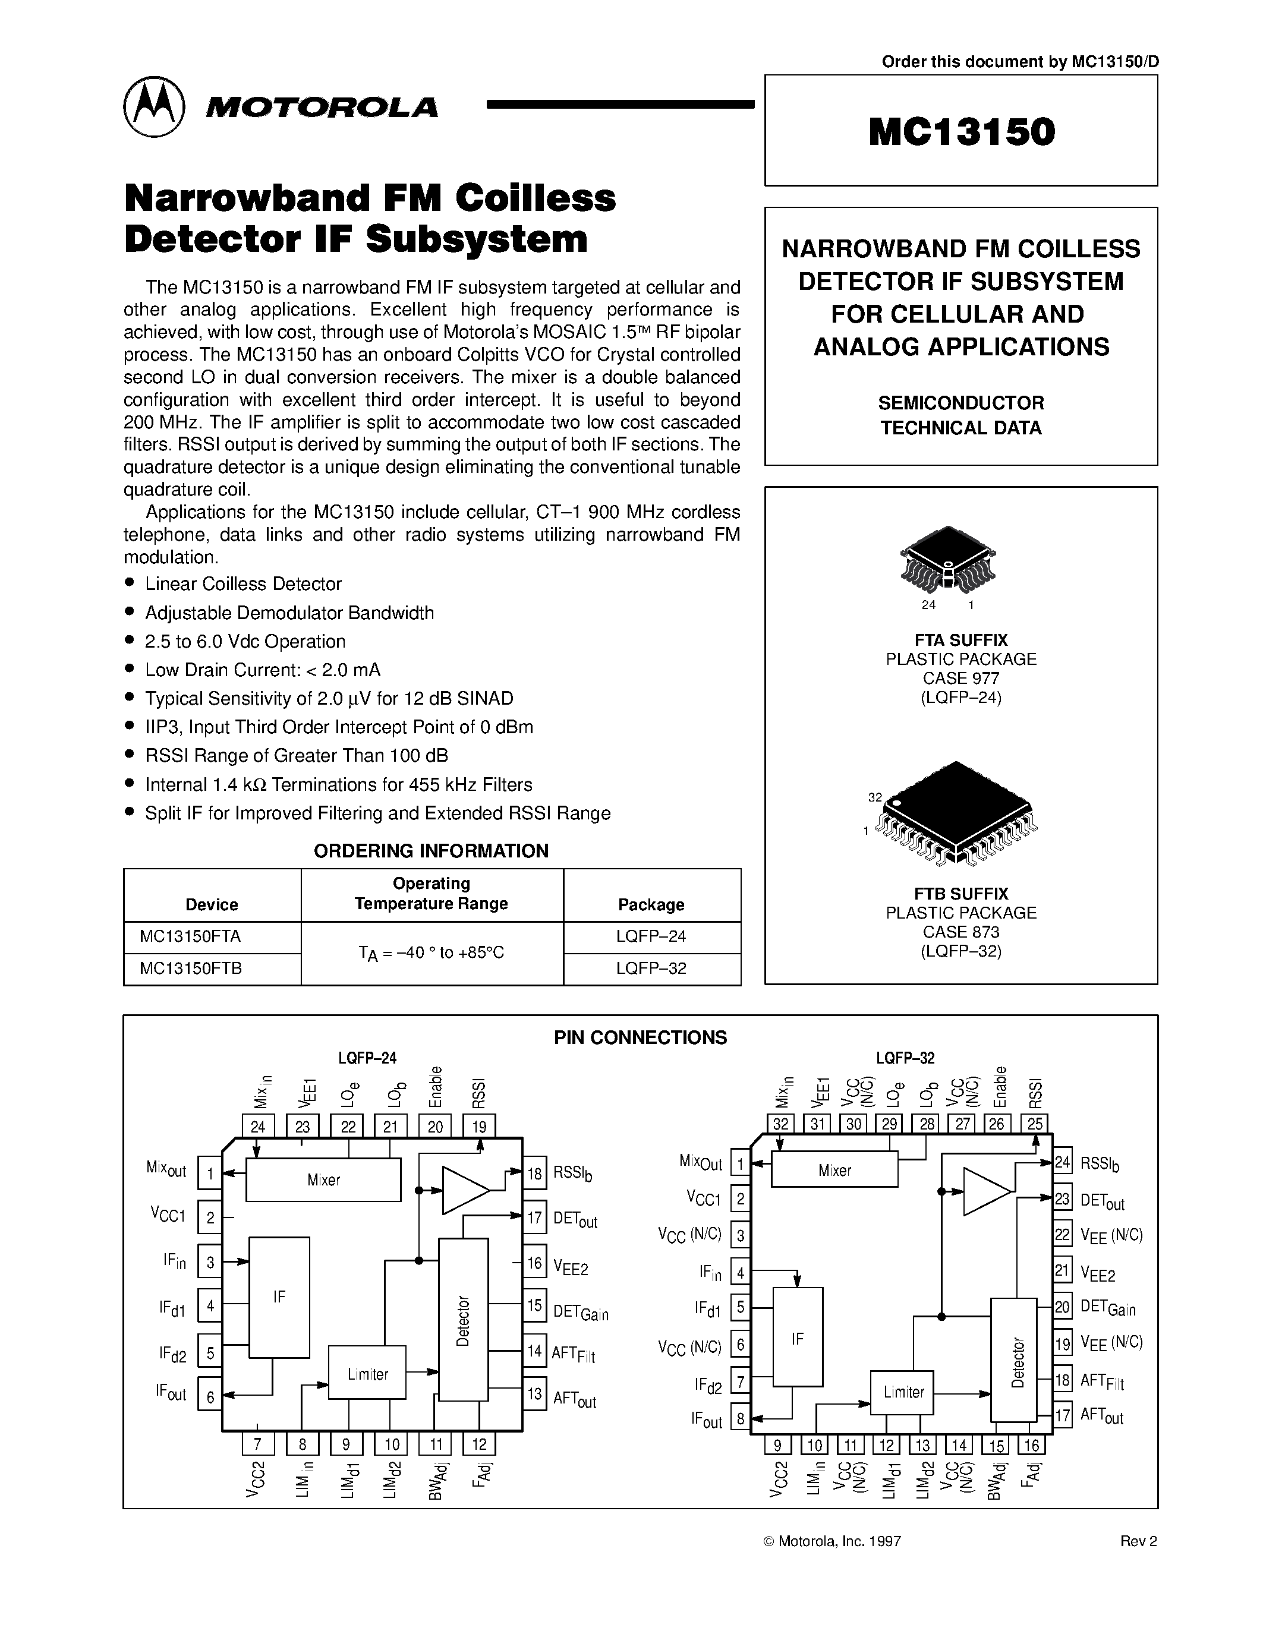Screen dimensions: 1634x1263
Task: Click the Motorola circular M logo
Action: pyautogui.click(x=153, y=106)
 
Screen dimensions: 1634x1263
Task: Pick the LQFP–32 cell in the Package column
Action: pyautogui.click(x=651, y=968)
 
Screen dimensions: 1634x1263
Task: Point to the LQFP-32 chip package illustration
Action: pyautogui.click(x=957, y=812)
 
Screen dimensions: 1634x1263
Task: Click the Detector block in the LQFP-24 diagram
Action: pyautogui.click(x=463, y=1320)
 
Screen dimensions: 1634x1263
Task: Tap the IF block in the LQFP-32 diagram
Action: pyautogui.click(x=798, y=1339)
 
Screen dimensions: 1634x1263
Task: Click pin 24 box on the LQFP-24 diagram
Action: pyautogui.click(x=258, y=1127)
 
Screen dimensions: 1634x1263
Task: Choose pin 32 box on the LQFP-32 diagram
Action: pyautogui.click(x=781, y=1124)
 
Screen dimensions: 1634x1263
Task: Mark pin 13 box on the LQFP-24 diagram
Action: pyautogui.click(x=534, y=1393)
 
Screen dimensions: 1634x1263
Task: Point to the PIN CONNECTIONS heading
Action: pyautogui.click(x=640, y=1037)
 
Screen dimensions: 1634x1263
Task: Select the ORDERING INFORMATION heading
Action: pyautogui.click(x=431, y=851)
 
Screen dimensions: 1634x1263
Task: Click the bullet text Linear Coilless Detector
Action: pyautogui.click(x=243, y=583)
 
